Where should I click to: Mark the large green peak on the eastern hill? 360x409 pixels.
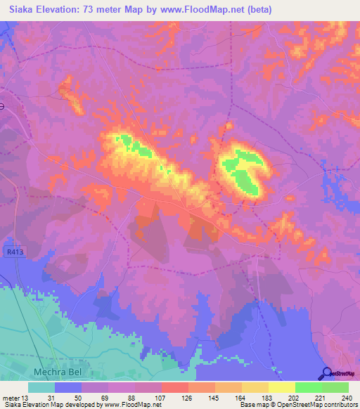tap(243, 171)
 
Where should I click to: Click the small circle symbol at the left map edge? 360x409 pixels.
tap(1, 106)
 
